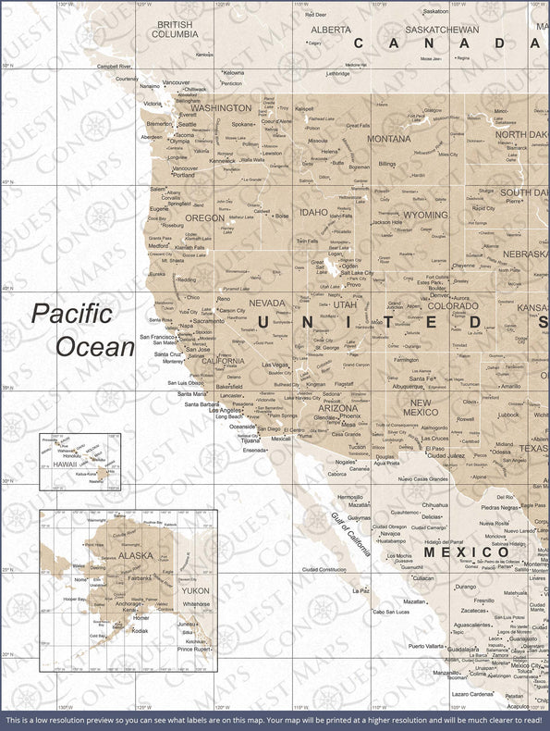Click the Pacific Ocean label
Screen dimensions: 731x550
pyautogui.click(x=83, y=329)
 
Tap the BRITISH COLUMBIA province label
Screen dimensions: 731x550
pyautogui.click(x=176, y=29)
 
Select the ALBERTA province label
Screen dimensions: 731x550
pyautogui.click(x=330, y=30)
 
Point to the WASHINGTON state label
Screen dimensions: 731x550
pyautogui.click(x=221, y=108)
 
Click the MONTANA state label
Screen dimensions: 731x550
pyautogui.click(x=388, y=139)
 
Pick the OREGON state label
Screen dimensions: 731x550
pyautogui.click(x=204, y=218)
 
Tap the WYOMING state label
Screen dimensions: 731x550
pyautogui.click(x=425, y=215)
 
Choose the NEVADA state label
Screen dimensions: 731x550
pyautogui.click(x=267, y=303)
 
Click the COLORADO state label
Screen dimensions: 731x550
pyautogui.click(x=453, y=305)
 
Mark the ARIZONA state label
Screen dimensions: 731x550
pyautogui.click(x=337, y=407)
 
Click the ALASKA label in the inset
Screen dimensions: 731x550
pyautogui.click(x=136, y=556)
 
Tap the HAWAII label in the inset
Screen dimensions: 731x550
pyautogui.click(x=65, y=465)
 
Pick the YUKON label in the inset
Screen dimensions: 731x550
pyautogui.click(x=196, y=589)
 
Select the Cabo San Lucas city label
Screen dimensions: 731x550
pyautogui.click(x=391, y=612)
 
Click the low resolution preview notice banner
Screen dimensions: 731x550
pyautogui.click(x=275, y=719)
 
